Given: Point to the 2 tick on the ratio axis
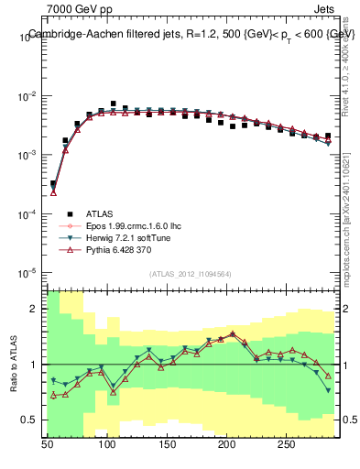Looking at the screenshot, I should point(36,310).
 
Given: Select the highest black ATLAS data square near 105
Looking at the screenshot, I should point(113,104).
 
